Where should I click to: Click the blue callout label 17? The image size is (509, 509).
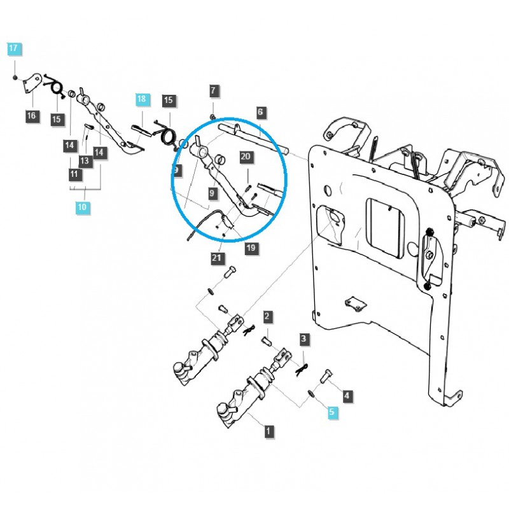(14, 48)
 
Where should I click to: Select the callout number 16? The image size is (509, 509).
(31, 116)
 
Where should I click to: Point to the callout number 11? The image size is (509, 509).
(74, 174)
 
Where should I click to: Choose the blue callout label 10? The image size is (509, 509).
(81, 207)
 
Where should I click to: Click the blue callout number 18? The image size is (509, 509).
(141, 99)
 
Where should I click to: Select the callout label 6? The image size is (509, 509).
(260, 112)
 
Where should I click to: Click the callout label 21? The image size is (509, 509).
(217, 257)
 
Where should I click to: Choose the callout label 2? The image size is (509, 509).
(268, 316)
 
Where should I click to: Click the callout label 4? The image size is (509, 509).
(346, 396)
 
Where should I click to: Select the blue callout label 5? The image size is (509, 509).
(331, 412)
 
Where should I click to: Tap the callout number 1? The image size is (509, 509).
(269, 431)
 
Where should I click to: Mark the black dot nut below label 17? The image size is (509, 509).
(14, 77)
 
